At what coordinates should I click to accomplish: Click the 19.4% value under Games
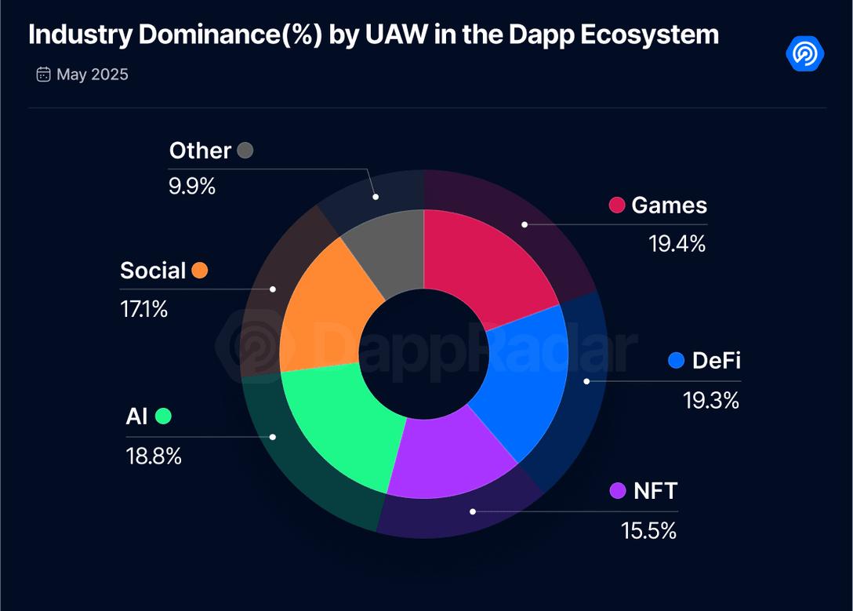677,244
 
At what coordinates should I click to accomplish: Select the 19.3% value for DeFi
710,400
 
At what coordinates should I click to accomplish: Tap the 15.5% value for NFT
648,530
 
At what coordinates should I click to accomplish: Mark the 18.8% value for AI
154,456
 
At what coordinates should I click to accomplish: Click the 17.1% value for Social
143,309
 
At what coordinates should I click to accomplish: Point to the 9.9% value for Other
192,187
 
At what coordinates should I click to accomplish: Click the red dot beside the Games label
617,205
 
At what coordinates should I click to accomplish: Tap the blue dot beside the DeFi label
677,361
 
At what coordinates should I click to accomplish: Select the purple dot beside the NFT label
617,491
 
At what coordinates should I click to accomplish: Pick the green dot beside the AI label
163,416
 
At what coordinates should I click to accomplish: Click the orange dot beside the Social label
200,271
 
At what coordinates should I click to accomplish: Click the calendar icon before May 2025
43,75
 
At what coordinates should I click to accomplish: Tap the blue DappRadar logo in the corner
804,53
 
